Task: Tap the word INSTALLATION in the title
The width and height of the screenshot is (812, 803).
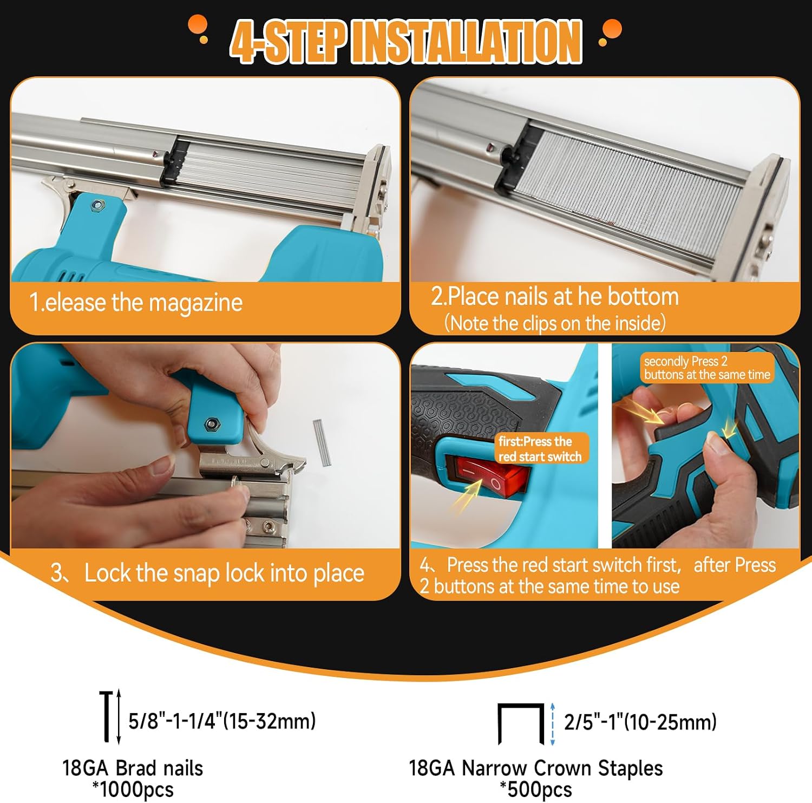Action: tap(467, 41)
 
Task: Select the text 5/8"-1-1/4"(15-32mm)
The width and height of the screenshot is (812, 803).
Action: tap(222, 721)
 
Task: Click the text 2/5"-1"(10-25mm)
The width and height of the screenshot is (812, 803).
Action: tap(640, 722)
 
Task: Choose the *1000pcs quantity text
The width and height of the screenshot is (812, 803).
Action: tap(133, 789)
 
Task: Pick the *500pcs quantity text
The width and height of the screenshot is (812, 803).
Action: tap(536, 789)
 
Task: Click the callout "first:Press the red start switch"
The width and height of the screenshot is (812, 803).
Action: tap(540, 449)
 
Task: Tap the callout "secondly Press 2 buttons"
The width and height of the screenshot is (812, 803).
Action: tap(707, 368)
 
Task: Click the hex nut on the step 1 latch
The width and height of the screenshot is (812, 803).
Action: tap(97, 205)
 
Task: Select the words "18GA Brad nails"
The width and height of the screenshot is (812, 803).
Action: tap(133, 768)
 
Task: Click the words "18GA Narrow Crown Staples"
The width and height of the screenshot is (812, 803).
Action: tap(536, 768)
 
